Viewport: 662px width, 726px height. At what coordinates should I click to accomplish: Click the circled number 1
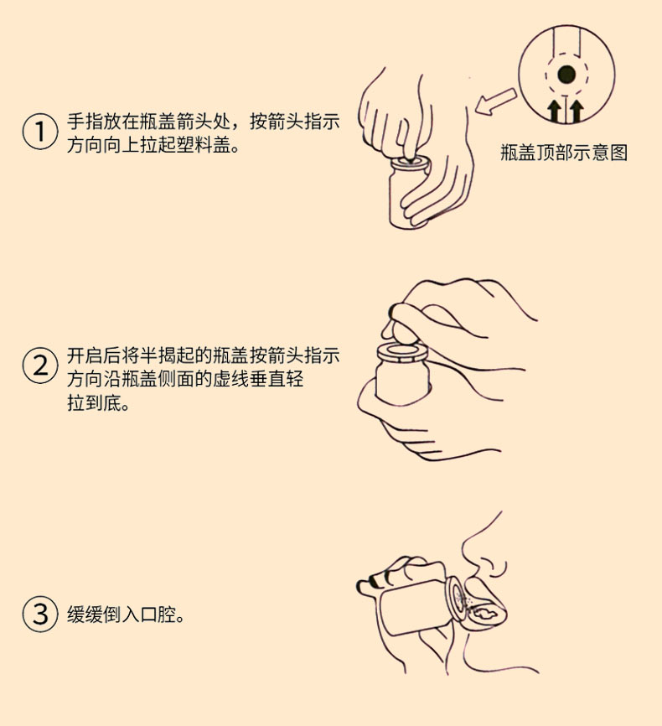pyautogui.click(x=40, y=132)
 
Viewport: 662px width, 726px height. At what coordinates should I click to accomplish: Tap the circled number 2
pyautogui.click(x=40, y=366)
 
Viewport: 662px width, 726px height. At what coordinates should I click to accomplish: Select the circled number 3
pyautogui.click(x=40, y=614)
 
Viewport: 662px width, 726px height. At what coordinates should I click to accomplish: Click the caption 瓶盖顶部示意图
pyautogui.click(x=564, y=153)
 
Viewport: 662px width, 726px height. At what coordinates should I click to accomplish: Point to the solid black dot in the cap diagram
pyautogui.click(x=566, y=74)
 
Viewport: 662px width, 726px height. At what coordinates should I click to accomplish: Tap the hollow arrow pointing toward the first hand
pyautogui.click(x=495, y=101)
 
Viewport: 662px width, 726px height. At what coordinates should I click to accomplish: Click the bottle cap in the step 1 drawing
pyautogui.click(x=410, y=164)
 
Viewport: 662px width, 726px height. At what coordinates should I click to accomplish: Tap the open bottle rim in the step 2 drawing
pyautogui.click(x=402, y=352)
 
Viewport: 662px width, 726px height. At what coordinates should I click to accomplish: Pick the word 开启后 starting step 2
pyautogui.click(x=94, y=355)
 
